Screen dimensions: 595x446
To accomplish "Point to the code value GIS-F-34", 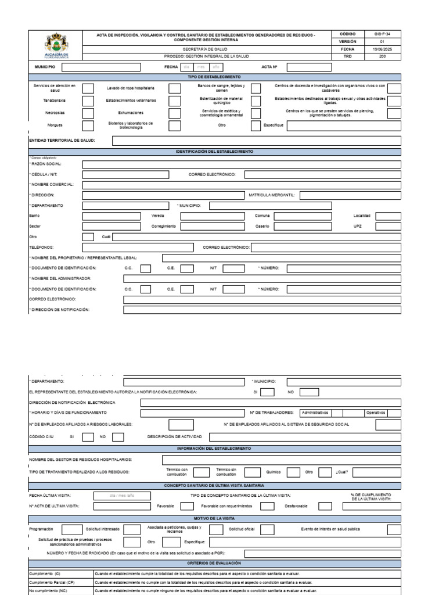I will coord(382,34).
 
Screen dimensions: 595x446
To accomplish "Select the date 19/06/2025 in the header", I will coord(382,49).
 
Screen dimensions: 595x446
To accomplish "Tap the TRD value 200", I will coord(382,57).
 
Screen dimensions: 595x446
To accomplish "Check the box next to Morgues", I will coord(88,125).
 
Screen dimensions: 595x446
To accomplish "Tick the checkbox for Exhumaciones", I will coord(174,113).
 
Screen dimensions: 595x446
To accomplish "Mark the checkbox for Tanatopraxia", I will coord(88,101).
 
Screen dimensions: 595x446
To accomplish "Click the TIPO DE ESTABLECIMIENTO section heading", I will coord(214,77).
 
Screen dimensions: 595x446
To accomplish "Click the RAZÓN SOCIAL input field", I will coord(241,164).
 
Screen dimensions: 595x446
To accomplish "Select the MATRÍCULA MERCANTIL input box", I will coord(350,195).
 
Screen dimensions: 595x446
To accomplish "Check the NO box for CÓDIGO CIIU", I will coord(118,436).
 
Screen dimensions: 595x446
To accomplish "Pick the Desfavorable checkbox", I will coord(325,506).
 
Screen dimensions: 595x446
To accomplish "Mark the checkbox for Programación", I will coord(72,529).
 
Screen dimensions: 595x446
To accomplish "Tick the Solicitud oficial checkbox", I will coord(267,529).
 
